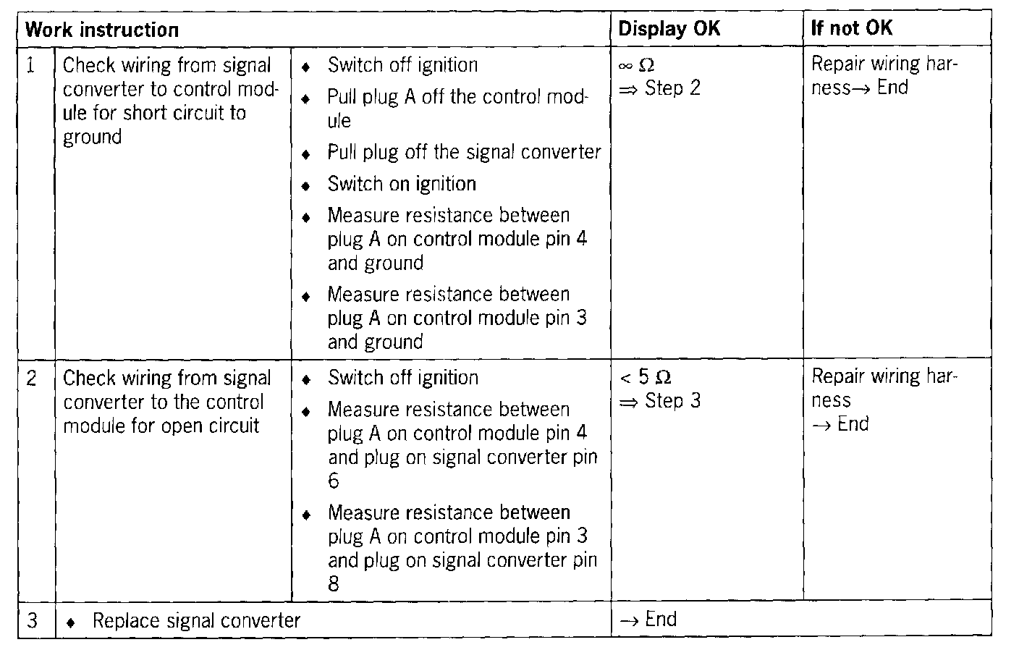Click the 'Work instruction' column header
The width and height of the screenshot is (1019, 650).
[x=101, y=30]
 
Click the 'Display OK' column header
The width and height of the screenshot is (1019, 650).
[x=669, y=29]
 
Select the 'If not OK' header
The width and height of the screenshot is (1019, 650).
[x=851, y=29]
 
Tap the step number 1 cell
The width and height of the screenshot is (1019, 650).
[x=31, y=66]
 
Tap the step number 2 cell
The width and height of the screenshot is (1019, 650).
[x=32, y=379]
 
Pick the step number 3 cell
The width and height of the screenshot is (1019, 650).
[x=32, y=621]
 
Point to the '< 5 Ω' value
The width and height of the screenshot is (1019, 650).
[x=646, y=378]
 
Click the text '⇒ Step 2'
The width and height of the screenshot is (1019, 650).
[x=660, y=88]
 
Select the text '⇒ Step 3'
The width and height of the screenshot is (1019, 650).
[x=660, y=401]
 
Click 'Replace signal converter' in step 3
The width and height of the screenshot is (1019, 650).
[x=196, y=621]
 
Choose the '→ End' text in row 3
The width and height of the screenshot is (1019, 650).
[x=649, y=620]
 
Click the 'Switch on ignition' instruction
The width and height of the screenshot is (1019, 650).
[x=402, y=184]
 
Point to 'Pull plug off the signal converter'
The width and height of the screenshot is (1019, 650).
[x=464, y=152]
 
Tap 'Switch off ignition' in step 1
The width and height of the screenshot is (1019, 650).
[x=402, y=65]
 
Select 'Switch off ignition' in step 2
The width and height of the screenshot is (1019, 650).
[x=403, y=378]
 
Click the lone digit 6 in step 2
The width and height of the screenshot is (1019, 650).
[x=334, y=481]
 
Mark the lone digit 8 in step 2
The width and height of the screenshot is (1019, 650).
[x=334, y=584]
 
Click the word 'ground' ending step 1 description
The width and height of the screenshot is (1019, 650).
[x=92, y=137]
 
